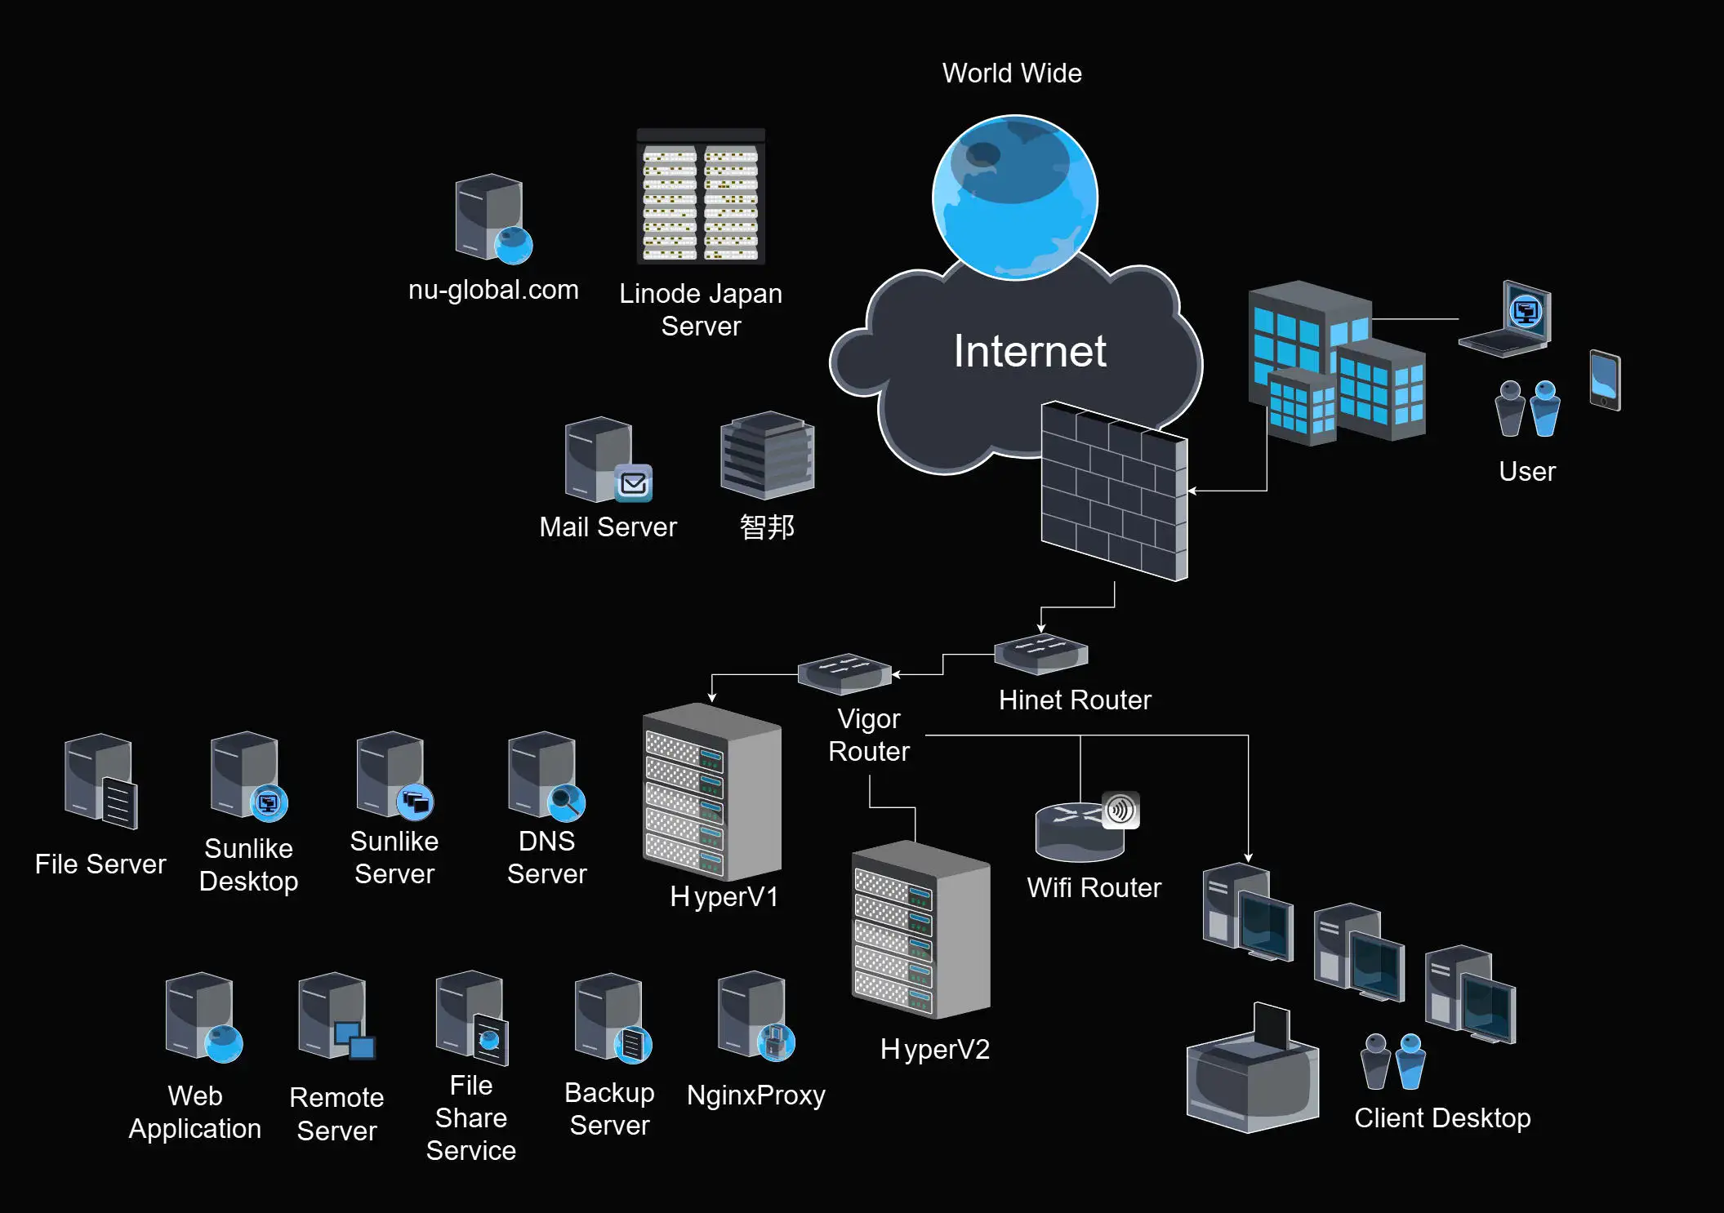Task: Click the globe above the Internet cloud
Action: pyautogui.click(x=1015, y=198)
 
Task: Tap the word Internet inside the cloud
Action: pyautogui.click(x=1030, y=351)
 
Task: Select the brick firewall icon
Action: pyautogui.click(x=1114, y=491)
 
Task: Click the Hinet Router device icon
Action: pyautogui.click(x=1041, y=654)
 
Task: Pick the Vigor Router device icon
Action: pyautogui.click(x=844, y=673)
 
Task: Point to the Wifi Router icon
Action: pyautogui.click(x=1087, y=826)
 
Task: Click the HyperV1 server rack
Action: pyautogui.click(x=712, y=792)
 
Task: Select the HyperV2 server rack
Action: pyautogui.click(x=921, y=930)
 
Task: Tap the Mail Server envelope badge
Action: pyautogui.click(x=634, y=483)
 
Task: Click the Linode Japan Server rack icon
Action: pyautogui.click(x=701, y=196)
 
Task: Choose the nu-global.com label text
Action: pyautogui.click(x=493, y=290)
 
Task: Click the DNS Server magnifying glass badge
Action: pyautogui.click(x=566, y=802)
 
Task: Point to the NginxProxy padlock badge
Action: pyautogui.click(x=776, y=1042)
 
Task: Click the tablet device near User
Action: pyautogui.click(x=1605, y=380)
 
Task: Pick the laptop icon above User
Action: pyautogui.click(x=1505, y=319)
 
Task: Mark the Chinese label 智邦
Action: pyautogui.click(x=767, y=527)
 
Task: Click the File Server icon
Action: pyautogui.click(x=101, y=781)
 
